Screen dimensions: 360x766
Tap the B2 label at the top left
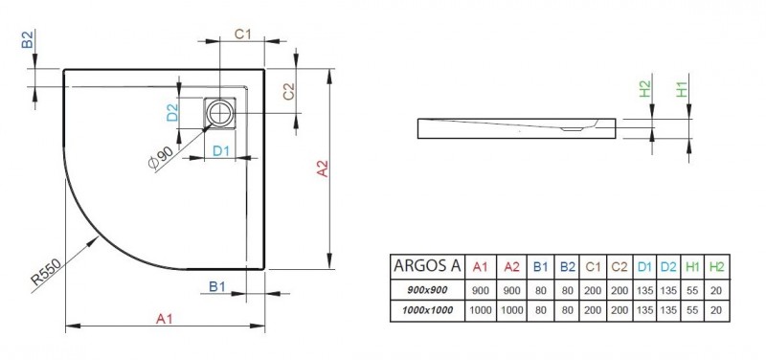[28, 39]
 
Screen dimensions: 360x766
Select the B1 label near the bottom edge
[217, 285]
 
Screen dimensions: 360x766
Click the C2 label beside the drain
[287, 93]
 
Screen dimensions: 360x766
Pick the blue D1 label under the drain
[219, 150]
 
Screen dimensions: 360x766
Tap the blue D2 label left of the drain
[172, 113]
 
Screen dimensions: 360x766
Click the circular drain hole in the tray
[223, 114]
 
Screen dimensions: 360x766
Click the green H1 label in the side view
[683, 92]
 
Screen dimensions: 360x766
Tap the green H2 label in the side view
[645, 92]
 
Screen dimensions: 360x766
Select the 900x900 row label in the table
[428, 290]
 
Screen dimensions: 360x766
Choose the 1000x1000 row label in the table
[428, 311]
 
